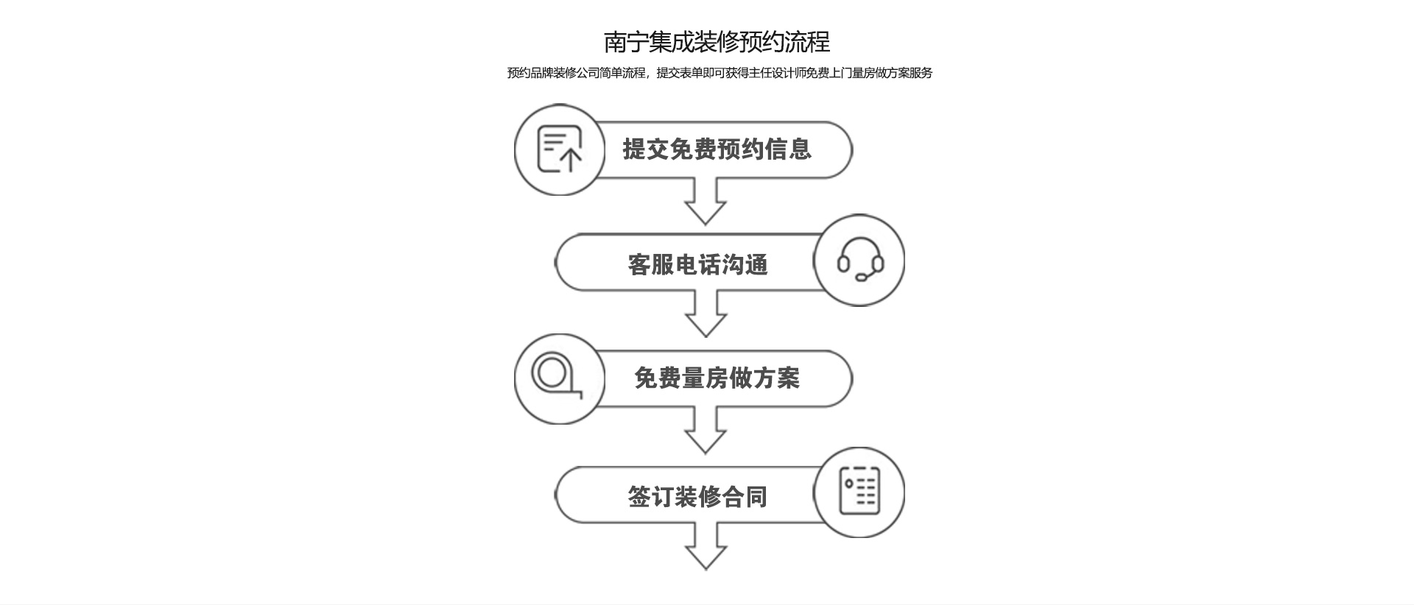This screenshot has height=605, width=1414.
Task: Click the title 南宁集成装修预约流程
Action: (717, 42)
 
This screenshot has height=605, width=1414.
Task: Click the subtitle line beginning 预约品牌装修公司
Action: (720, 73)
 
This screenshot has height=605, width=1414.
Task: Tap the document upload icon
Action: (559, 149)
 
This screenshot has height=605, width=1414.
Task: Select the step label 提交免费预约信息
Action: (717, 149)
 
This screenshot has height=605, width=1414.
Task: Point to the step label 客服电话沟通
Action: (698, 264)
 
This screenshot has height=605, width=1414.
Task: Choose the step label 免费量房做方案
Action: (717, 378)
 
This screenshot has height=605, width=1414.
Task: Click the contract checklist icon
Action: (859, 491)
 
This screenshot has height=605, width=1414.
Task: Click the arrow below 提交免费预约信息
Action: (706, 202)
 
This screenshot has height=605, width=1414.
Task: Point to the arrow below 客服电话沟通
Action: (706, 314)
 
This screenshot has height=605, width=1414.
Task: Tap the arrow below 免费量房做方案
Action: (706, 431)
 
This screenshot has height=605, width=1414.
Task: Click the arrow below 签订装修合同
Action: (706, 547)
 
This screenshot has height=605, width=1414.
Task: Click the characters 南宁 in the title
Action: (625, 42)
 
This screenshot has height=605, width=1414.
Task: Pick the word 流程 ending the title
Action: (808, 42)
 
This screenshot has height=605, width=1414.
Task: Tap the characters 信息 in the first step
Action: (788, 149)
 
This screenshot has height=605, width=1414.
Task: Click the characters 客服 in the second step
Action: (651, 264)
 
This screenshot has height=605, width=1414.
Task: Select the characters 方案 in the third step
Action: (777, 378)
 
